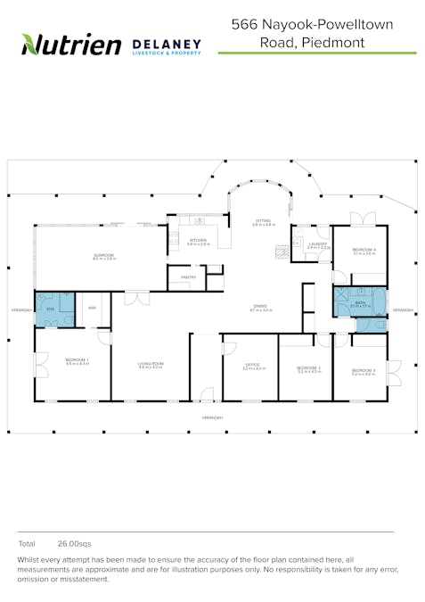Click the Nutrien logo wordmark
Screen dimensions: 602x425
pos(70,44)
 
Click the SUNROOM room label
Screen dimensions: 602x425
pos(103,255)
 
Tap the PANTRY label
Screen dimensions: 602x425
pos(188,277)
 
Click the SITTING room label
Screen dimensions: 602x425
pos(263,220)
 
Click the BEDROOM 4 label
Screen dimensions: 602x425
pos(364,249)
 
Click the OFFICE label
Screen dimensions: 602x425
pos(251,365)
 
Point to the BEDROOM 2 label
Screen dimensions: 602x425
pos(308,367)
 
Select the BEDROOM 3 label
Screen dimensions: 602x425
pos(363,369)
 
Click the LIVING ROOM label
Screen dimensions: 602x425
pos(150,364)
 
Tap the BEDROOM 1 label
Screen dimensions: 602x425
pos(73,361)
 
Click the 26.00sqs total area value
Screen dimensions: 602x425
pos(74,542)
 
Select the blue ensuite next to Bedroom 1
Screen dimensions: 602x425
pos(52,308)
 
